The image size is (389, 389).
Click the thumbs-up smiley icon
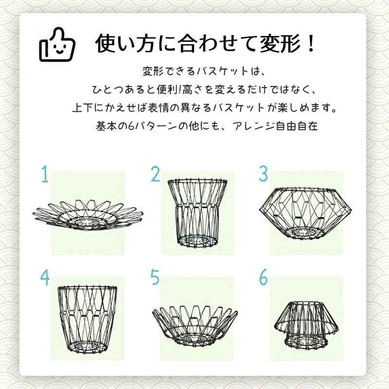(57, 45)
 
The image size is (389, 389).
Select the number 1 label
(45, 174)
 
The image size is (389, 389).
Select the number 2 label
(156, 174)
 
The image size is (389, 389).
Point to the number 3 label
(264, 174)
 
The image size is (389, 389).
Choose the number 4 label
(45, 278)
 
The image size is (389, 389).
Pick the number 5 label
(155, 278)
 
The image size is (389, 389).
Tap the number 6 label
(264, 278)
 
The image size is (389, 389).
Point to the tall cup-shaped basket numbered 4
(88, 320)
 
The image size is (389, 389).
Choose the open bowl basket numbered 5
(195, 325)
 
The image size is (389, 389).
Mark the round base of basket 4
(88, 348)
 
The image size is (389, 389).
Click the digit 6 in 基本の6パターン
(131, 126)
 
